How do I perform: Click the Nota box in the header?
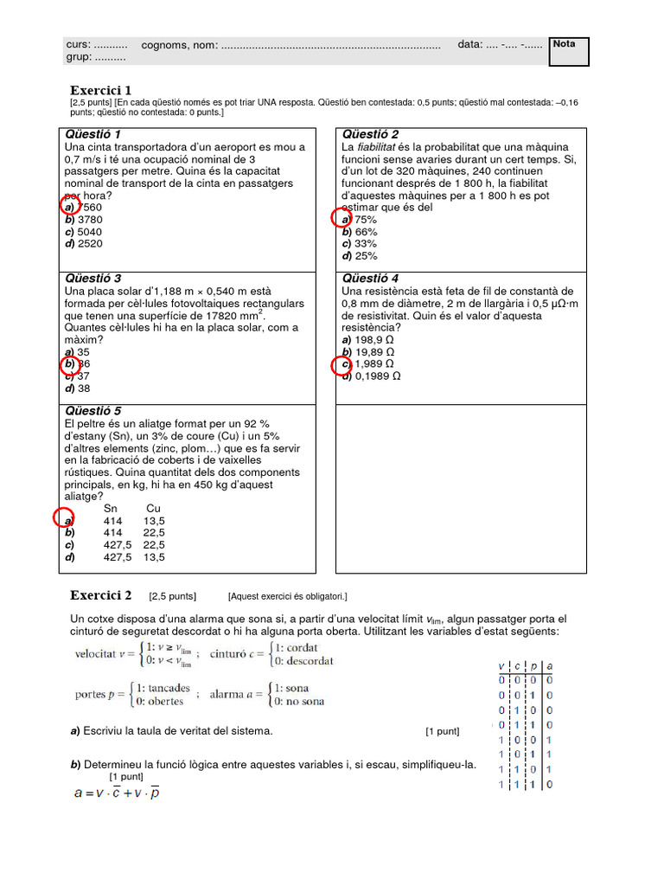pyautogui.click(x=568, y=51)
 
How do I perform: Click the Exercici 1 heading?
pyautogui.click(x=100, y=90)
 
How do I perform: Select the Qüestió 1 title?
pyautogui.click(x=93, y=134)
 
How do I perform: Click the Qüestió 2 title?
pyautogui.click(x=370, y=134)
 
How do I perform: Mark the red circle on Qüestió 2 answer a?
pyautogui.click(x=342, y=219)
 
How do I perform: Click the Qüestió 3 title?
pyautogui.click(x=93, y=279)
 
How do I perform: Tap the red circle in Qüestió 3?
pyautogui.click(x=70, y=364)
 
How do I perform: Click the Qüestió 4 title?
pyautogui.click(x=370, y=279)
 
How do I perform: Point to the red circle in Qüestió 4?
pyautogui.click(x=342, y=365)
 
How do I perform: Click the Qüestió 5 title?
pyautogui.click(x=93, y=410)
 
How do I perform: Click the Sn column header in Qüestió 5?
pyautogui.click(x=111, y=509)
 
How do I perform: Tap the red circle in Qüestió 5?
pyautogui.click(x=64, y=519)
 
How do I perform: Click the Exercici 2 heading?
pyautogui.click(x=100, y=595)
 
